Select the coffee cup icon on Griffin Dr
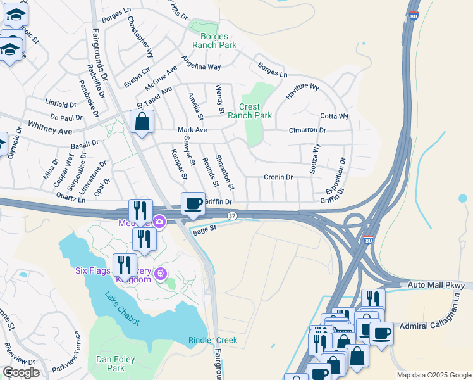tap(193, 204)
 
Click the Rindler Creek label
tap(212, 340)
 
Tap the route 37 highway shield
tap(232, 216)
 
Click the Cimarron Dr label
tap(307, 130)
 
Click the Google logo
tap(20, 373)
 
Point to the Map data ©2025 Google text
tap(433, 375)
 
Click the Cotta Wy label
tap(334, 117)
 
